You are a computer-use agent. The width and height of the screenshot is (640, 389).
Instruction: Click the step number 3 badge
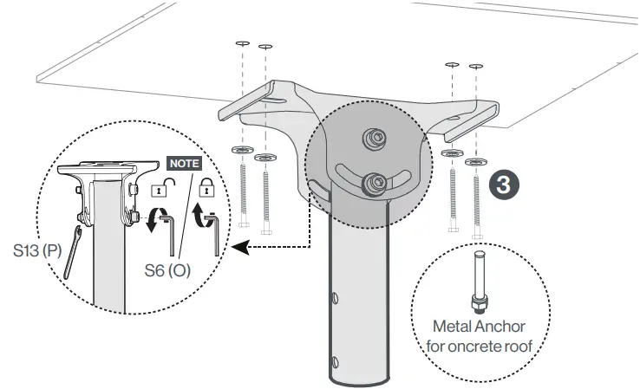coord(506,185)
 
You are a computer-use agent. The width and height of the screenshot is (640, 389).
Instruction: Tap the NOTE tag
coord(183,163)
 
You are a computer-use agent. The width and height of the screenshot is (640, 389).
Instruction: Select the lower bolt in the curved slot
coord(376,182)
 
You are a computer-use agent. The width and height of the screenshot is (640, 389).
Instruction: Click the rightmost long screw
coord(474,199)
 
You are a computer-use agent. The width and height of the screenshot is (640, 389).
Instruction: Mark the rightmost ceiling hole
coord(474,66)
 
